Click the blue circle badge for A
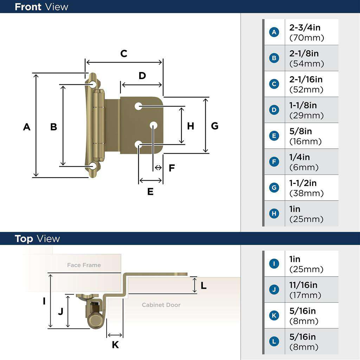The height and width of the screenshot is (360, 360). (274, 32)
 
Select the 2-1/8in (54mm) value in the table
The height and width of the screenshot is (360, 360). (306, 58)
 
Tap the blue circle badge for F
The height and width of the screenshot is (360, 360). (274, 162)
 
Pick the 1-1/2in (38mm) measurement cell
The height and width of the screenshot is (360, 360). (306, 188)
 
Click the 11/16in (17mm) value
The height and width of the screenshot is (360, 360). (305, 290)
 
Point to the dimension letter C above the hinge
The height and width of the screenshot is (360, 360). (124, 53)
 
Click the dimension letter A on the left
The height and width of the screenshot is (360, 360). (27, 127)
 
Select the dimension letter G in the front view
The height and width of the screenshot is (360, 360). (214, 126)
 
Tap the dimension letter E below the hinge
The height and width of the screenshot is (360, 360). (150, 192)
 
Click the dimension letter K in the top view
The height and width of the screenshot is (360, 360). (115, 345)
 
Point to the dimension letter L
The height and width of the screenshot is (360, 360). (204, 285)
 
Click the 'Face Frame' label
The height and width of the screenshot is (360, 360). (84, 265)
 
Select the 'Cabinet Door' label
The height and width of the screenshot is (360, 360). (161, 305)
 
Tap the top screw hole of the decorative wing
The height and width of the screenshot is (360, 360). (93, 84)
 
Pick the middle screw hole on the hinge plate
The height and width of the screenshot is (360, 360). (154, 125)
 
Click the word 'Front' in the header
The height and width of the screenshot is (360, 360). (28, 7)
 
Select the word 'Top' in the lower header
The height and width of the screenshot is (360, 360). (24, 239)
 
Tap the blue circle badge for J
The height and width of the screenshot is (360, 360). (274, 290)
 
